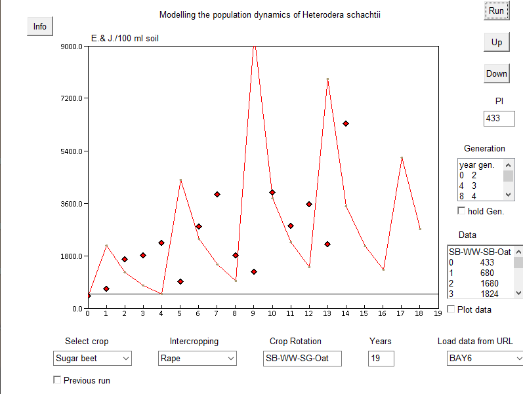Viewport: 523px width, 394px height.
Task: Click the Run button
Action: click(496, 10)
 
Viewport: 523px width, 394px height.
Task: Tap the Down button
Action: click(496, 73)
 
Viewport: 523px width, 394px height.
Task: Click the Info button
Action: click(40, 26)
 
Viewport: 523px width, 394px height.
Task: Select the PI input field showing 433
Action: click(499, 119)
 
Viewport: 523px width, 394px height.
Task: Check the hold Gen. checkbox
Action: click(461, 210)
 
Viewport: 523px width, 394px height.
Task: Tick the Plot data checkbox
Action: click(451, 309)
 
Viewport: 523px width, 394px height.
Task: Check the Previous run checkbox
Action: click(57, 380)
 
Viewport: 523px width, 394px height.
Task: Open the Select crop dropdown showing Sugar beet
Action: click(93, 359)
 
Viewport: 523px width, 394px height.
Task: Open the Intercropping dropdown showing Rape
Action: click(198, 359)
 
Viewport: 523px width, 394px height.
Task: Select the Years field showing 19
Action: click(381, 359)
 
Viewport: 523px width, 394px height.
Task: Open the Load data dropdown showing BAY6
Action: click(484, 359)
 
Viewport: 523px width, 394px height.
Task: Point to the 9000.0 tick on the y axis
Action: click(72, 47)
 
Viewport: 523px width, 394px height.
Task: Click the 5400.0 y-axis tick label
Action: click(72, 151)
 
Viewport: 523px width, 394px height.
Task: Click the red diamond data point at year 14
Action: click(346, 123)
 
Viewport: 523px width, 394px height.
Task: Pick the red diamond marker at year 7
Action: click(217, 194)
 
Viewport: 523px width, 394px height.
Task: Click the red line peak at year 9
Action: click(254, 46)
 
